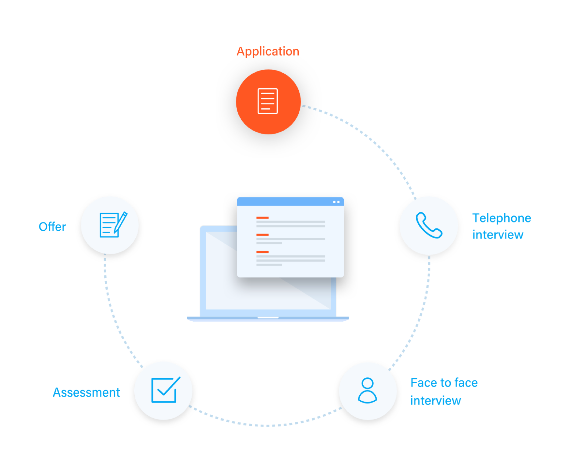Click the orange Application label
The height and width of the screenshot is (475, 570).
(x=268, y=52)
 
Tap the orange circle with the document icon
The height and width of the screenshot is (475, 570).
(x=268, y=101)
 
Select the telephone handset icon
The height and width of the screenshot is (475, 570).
(x=429, y=225)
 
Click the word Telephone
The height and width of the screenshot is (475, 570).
(x=502, y=218)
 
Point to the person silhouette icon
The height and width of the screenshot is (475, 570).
(x=367, y=391)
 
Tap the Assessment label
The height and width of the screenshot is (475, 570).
(x=86, y=392)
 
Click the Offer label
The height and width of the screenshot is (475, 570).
(x=52, y=227)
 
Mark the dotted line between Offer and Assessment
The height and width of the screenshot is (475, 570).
(x=112, y=313)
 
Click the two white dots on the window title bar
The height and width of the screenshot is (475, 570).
(x=336, y=202)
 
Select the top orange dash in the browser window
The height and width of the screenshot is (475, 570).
(x=262, y=218)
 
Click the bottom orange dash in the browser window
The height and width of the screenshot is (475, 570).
(x=262, y=252)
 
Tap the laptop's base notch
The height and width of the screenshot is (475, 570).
(x=268, y=317)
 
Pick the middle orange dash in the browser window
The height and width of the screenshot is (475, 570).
(x=262, y=235)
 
